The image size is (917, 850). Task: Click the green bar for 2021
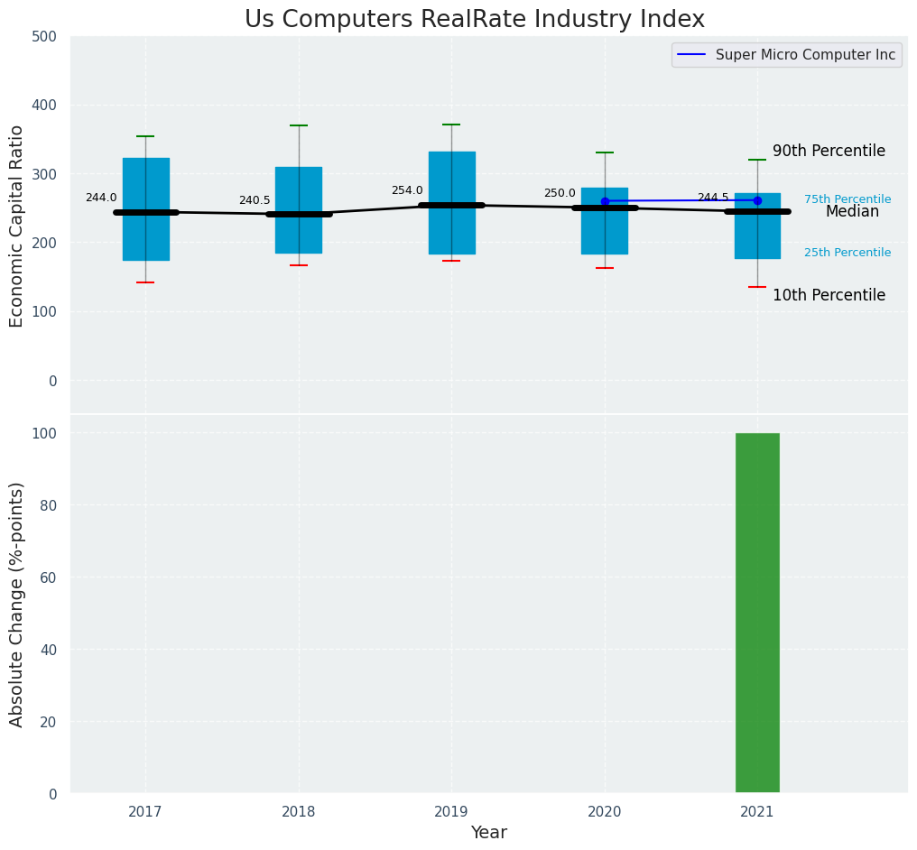tap(757, 614)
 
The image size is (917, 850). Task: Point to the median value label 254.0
tap(407, 190)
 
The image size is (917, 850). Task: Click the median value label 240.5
tap(255, 200)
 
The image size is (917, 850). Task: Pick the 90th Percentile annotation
tap(829, 151)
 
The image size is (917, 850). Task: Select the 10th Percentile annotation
tap(829, 295)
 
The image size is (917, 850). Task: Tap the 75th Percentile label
tap(848, 199)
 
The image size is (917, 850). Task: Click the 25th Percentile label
tap(848, 253)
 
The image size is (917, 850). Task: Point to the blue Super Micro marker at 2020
tap(605, 201)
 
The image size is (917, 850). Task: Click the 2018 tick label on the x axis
tap(299, 812)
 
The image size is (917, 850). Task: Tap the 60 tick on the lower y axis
tap(50, 577)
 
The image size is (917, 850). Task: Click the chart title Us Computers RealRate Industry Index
tap(475, 20)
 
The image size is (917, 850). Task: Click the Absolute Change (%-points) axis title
tap(17, 604)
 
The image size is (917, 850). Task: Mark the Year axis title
tap(489, 833)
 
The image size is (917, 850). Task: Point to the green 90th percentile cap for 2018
tap(299, 125)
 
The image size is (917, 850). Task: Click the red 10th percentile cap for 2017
tap(145, 282)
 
